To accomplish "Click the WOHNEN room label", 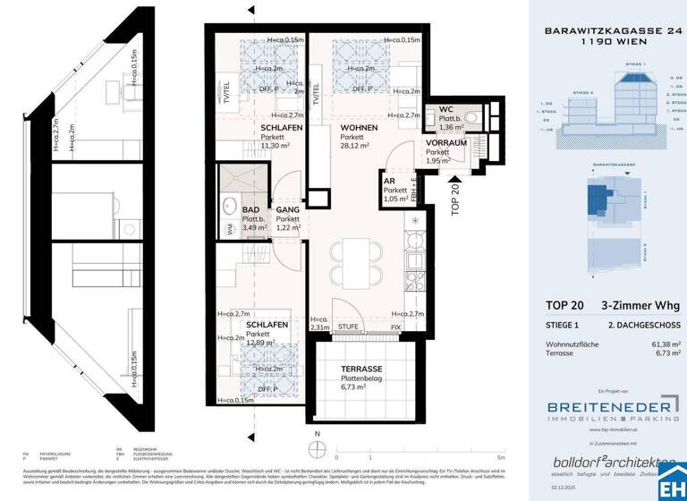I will (x=334, y=129).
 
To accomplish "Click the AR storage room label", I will (x=389, y=179).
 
